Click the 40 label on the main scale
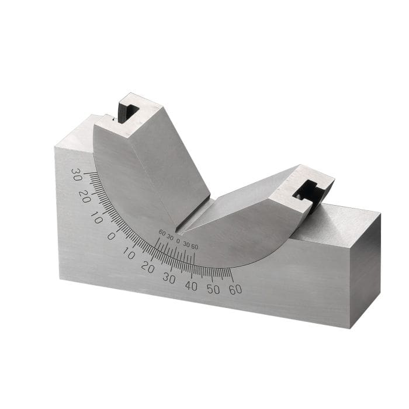191,285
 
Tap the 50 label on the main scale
213,289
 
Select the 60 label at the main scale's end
235,289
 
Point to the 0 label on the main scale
111,236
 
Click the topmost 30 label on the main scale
76,174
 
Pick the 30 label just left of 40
169,278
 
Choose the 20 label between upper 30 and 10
85,196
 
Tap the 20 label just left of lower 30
148,268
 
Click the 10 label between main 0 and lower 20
129,254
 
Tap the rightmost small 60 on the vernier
195,247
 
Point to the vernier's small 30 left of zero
169,236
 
